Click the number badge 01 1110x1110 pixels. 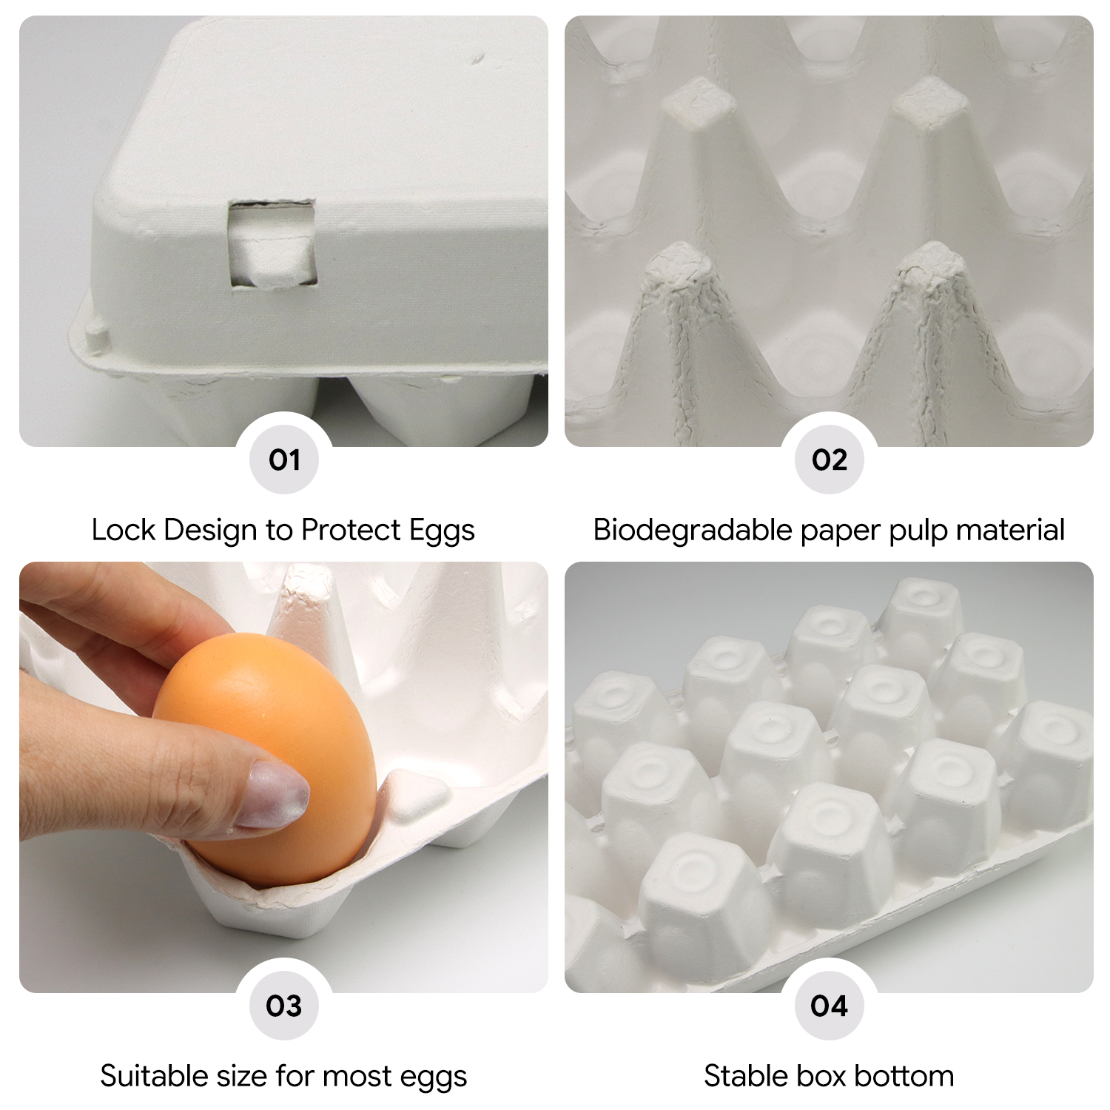[284, 460]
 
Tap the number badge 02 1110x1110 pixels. [829, 460]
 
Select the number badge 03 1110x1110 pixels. [284, 1006]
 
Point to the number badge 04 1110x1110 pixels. [829, 1006]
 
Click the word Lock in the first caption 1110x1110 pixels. [124, 530]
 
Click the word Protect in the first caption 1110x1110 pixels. [351, 530]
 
